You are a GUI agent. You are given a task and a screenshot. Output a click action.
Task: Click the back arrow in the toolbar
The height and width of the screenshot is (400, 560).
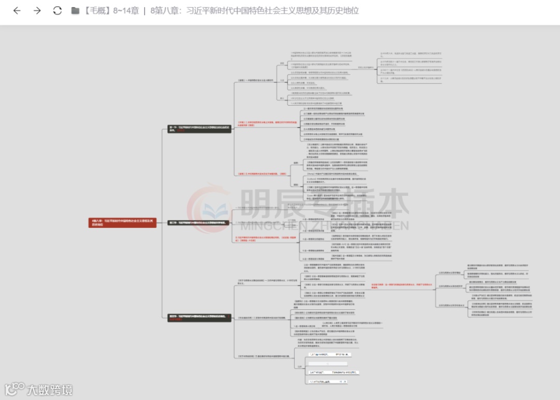click(x=17, y=11)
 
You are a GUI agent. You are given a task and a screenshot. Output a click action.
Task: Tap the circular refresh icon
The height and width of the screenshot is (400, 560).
click(x=58, y=11)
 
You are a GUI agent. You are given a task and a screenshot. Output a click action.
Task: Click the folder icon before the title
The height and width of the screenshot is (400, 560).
click(x=76, y=11)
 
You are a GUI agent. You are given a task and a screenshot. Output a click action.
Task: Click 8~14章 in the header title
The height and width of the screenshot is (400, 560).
click(x=125, y=11)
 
